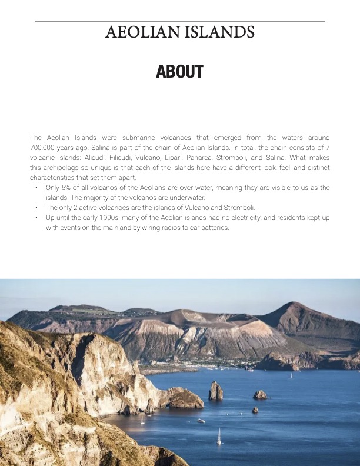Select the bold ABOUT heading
(179, 72)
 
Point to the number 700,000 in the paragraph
(42, 148)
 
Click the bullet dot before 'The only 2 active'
(36, 208)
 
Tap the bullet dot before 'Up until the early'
(36, 218)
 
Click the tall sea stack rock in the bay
(216, 391)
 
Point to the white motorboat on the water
(201, 421)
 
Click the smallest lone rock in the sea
(255, 410)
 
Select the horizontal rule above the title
(179, 21)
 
